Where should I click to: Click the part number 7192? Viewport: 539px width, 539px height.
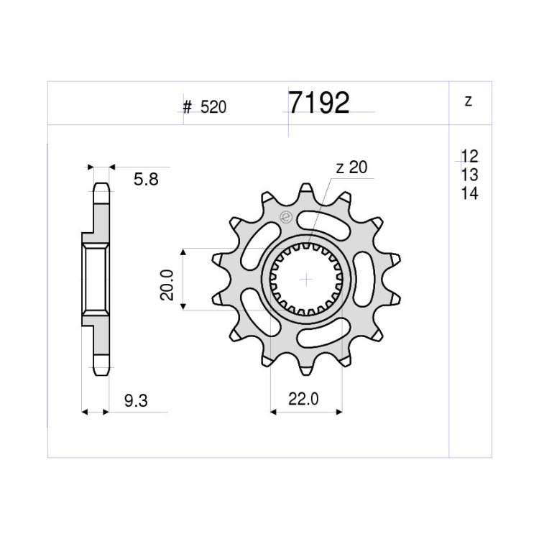(x=318, y=103)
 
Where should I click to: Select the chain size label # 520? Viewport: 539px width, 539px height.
(x=205, y=107)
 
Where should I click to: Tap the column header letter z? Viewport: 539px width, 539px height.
(x=468, y=101)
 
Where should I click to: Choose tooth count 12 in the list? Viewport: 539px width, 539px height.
(x=469, y=157)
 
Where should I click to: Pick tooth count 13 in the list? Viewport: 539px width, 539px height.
(x=469, y=175)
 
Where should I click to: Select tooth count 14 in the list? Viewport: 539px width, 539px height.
(x=469, y=193)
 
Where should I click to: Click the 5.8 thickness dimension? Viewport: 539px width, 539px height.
(x=146, y=180)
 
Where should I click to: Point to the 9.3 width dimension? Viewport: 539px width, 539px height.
(x=136, y=401)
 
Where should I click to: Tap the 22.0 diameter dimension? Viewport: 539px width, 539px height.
(x=303, y=399)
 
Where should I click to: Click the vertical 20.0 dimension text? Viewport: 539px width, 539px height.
(x=167, y=285)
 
